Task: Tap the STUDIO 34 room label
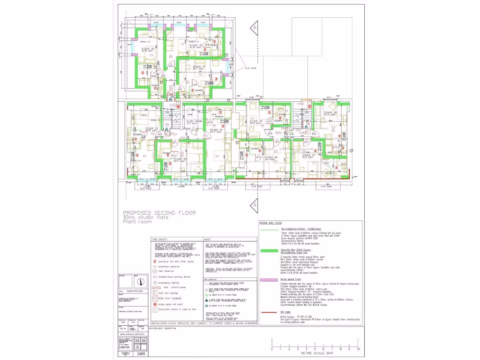(216, 130)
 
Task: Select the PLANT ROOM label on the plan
(194, 121)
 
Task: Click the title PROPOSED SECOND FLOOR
(159, 212)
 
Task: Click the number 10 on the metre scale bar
(358, 349)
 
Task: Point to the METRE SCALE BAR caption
(315, 354)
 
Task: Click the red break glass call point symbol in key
(155, 304)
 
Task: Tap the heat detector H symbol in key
(155, 271)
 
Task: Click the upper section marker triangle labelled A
(255, 28)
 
